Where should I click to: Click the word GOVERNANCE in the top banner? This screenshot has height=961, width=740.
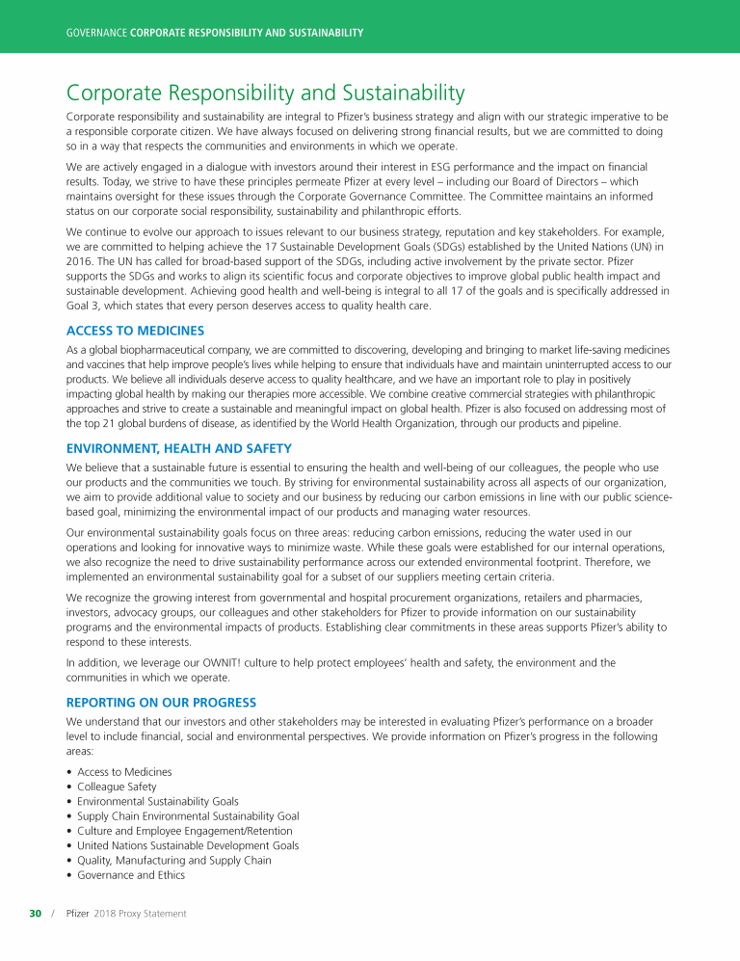pyautogui.click(x=96, y=33)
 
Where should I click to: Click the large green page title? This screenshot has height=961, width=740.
pyautogui.click(x=265, y=93)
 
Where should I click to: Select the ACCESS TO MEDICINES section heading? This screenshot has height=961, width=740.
pyautogui.click(x=135, y=330)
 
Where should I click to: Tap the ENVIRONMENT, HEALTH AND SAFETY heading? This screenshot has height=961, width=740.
pyautogui.click(x=178, y=448)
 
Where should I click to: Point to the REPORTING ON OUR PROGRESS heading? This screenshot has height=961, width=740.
pyautogui.click(x=161, y=702)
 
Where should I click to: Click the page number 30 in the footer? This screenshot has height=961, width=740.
pyautogui.click(x=36, y=913)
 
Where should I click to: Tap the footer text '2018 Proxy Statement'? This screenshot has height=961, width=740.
pyautogui.click(x=141, y=913)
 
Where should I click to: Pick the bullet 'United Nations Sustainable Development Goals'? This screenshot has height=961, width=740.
pyautogui.click(x=188, y=845)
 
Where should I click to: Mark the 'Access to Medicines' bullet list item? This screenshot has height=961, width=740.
pyautogui.click(x=124, y=772)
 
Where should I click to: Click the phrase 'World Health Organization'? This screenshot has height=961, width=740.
pyautogui.click(x=373, y=423)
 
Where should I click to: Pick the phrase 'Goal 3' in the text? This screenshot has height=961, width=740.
pyautogui.click(x=81, y=306)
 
